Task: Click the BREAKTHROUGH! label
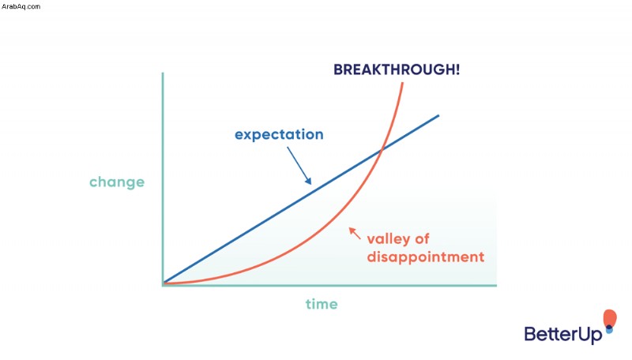point(397,69)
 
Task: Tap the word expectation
point(279,135)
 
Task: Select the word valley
point(389,239)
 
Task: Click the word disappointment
point(426,257)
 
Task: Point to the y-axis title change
point(117,182)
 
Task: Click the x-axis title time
point(322,304)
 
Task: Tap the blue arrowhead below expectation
point(308,181)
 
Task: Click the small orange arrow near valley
point(355,233)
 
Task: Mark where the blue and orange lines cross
point(382,150)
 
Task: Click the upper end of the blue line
point(438,116)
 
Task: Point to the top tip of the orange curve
point(402,83)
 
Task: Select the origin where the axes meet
point(163,285)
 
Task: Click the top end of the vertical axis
point(163,73)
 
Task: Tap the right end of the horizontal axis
point(496,286)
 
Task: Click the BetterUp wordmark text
point(563,334)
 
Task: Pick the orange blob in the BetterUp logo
point(610,317)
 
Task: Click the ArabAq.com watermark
point(21,6)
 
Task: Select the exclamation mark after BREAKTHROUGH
point(457,69)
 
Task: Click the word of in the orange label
point(422,238)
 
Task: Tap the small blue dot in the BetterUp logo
point(609,329)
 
